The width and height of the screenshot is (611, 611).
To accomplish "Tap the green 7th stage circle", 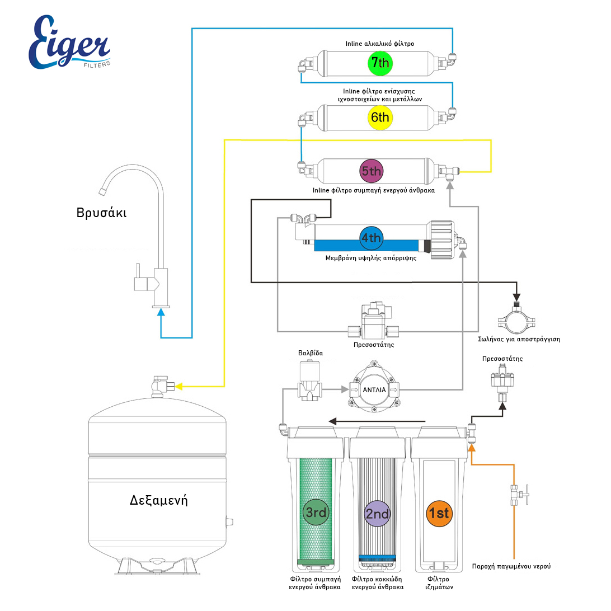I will point(380,63).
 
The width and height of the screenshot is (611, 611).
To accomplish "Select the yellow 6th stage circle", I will point(380,117).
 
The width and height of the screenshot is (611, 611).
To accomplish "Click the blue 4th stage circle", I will point(370,238).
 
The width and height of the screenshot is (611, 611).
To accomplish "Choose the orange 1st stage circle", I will point(439,513).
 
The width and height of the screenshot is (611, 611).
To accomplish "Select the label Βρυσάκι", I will point(101,213).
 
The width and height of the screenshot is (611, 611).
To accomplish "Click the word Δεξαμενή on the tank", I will point(158,500).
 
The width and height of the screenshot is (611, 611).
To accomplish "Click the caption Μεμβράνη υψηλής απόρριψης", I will point(371,259).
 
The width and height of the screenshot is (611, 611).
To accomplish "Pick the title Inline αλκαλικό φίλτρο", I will point(379,43).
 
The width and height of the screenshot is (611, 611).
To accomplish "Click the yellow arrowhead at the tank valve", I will point(180,386).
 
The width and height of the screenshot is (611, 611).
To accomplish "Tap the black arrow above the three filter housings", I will point(378,421).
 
